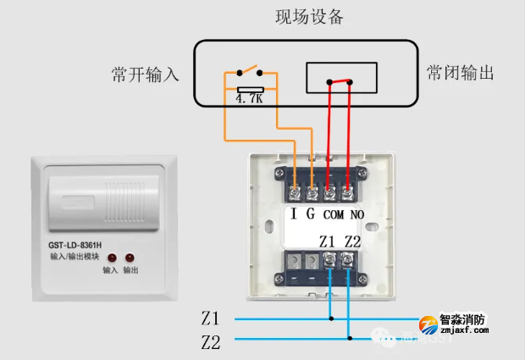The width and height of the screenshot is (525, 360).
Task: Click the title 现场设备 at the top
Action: tap(310, 17)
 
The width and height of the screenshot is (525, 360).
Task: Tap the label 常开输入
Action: tap(146, 75)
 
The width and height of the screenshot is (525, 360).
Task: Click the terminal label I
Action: tap(293, 213)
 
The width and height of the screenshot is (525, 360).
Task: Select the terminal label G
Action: tap(311, 213)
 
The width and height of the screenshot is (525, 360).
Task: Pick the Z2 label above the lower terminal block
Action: tap(352, 241)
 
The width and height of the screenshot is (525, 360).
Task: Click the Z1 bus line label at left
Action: tap(210, 319)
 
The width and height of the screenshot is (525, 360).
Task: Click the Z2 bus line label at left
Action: tap(210, 342)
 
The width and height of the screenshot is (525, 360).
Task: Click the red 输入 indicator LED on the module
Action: tap(111, 257)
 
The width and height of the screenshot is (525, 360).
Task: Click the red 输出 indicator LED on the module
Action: tap(130, 257)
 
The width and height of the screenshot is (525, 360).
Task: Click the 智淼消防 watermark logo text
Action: tap(463, 321)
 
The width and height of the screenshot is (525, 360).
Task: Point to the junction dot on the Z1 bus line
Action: tap(331, 319)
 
